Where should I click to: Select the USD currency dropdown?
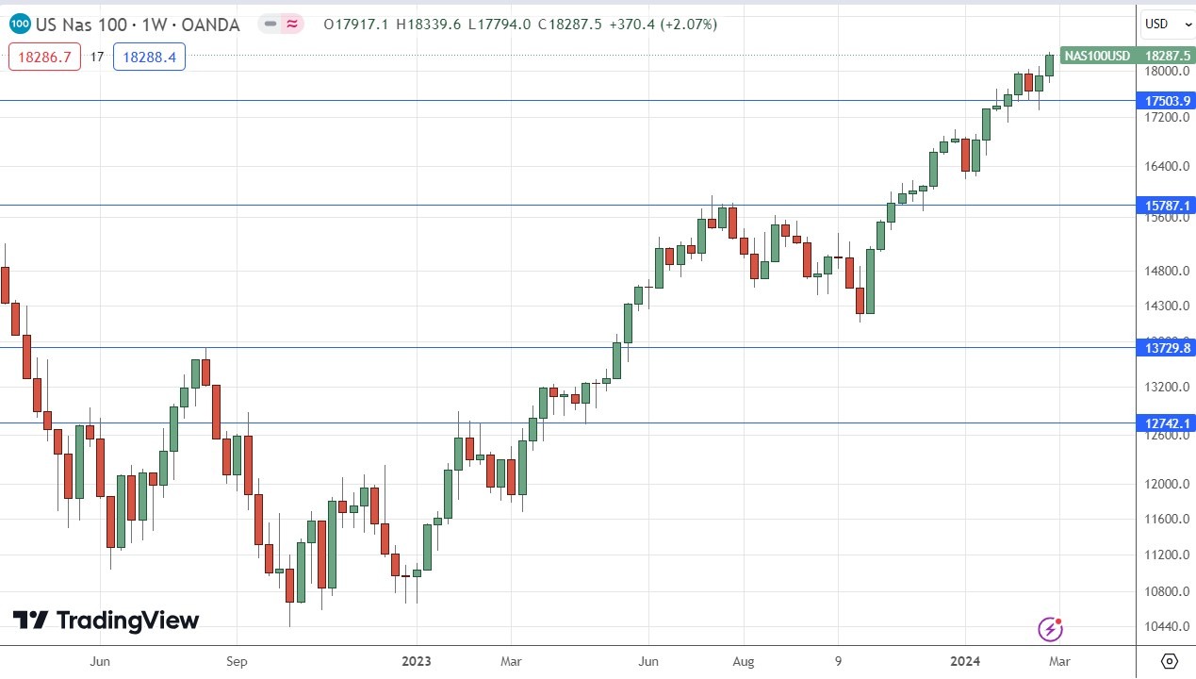coord(1162,24)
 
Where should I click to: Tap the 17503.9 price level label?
coord(1167,101)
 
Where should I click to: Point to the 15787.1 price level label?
coord(1167,206)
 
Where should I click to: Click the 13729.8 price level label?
coord(1167,348)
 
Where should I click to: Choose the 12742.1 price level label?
coord(1167,423)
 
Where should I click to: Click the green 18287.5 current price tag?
coord(1166,56)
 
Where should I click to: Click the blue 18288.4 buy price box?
coord(150,58)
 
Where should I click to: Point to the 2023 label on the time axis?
coord(418,661)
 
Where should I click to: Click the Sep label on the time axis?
coord(237,661)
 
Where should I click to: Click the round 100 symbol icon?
coord(20,24)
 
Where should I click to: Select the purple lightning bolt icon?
coord(1050,629)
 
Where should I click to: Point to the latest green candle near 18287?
coord(1049,65)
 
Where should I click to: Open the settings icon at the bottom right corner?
coord(1169,660)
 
